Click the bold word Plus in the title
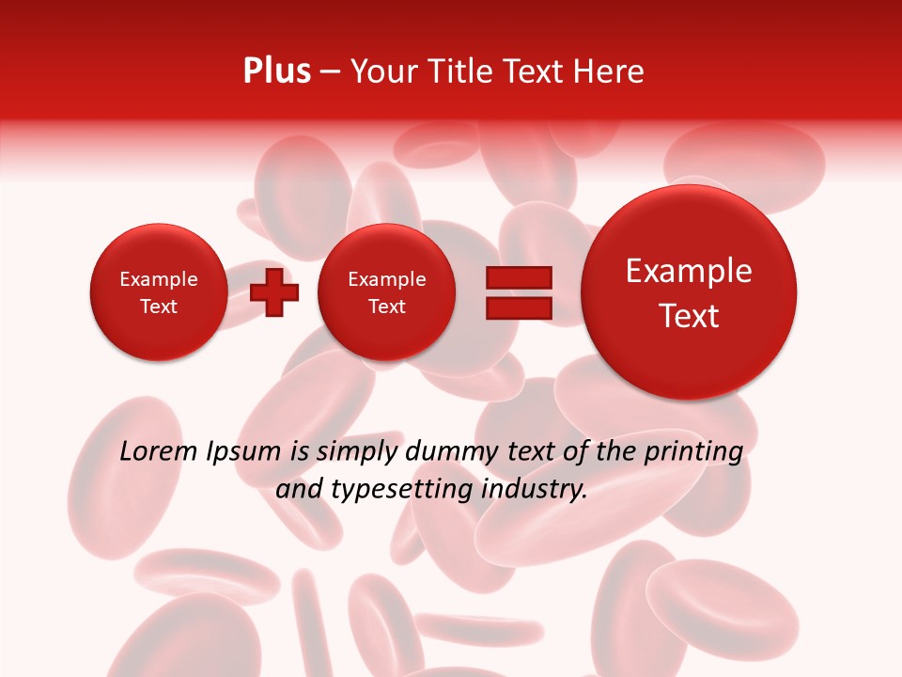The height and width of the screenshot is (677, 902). (x=276, y=71)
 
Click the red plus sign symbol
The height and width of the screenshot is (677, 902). (x=274, y=292)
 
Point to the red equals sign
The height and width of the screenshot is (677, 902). (x=519, y=292)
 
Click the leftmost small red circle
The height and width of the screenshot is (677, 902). (x=158, y=292)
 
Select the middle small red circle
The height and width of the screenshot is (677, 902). (x=386, y=292)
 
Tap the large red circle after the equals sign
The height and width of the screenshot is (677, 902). (x=689, y=292)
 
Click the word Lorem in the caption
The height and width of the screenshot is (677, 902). (x=157, y=452)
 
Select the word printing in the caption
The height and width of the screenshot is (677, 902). (x=693, y=453)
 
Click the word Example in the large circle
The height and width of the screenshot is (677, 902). (x=689, y=271)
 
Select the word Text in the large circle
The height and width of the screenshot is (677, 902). (x=689, y=316)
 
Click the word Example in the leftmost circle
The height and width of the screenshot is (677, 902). (x=158, y=279)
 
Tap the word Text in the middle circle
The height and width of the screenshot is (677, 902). (x=386, y=307)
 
